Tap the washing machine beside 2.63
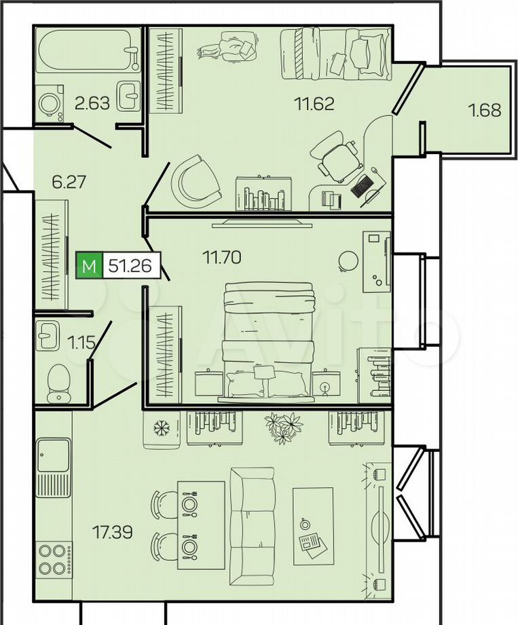50,103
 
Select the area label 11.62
314,104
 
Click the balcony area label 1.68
485,110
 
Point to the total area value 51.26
130,265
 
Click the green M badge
90,265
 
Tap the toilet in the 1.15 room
58,383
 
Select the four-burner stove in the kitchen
54,559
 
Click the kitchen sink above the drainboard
54,454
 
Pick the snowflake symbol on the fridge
162,428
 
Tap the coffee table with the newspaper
314,526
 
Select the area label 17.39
112,532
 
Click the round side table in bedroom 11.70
348,261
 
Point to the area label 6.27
69,182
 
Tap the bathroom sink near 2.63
129,96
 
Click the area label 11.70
222,257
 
